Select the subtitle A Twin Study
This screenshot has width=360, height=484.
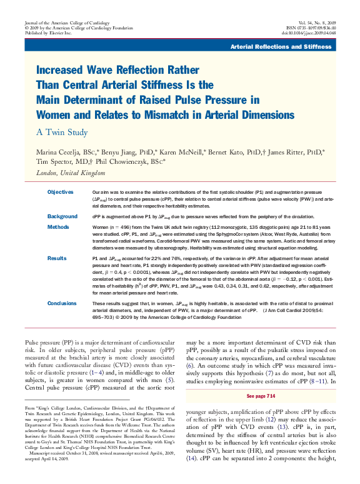coord(61,133)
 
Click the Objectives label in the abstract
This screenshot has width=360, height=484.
coord(60,191)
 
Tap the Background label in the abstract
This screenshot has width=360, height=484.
coord(62,216)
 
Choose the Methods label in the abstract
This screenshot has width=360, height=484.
coord(57,227)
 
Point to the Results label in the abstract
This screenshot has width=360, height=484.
coord(56,257)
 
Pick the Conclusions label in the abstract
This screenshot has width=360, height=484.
coord(63,303)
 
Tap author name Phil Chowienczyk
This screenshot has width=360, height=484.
coord(129,161)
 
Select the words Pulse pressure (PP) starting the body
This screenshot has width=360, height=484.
coord(47,344)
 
